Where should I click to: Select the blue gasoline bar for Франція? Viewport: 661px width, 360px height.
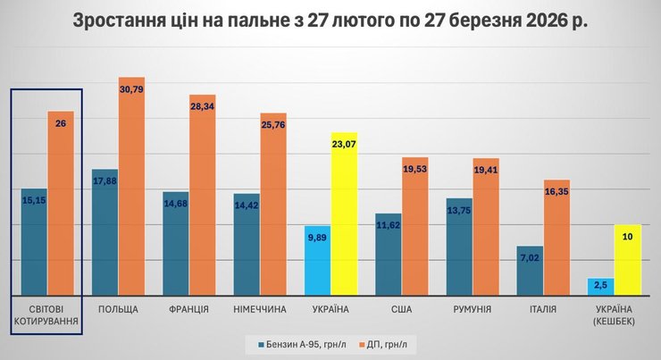click(x=175, y=243)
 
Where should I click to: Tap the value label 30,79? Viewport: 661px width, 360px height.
click(x=131, y=88)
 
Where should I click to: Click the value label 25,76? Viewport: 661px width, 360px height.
click(x=273, y=124)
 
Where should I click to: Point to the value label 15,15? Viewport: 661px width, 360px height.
click(x=34, y=200)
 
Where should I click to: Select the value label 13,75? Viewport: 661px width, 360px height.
click(x=459, y=209)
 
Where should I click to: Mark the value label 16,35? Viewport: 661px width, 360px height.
click(x=556, y=190)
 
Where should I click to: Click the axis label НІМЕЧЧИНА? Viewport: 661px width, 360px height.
click(x=259, y=309)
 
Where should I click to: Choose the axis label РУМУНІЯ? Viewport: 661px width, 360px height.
click(x=473, y=309)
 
